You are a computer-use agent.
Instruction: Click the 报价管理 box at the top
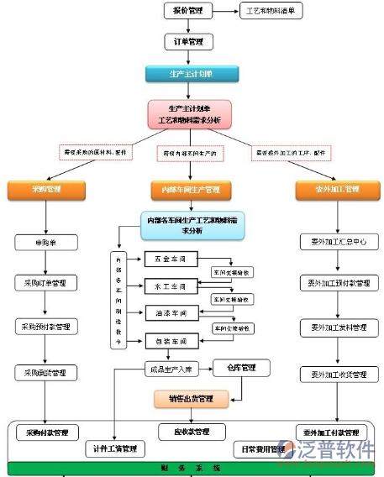pyautogui.click(x=188, y=11)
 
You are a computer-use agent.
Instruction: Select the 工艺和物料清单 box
pyautogui.click(x=271, y=11)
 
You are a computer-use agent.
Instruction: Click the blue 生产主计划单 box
pyautogui.click(x=185, y=74)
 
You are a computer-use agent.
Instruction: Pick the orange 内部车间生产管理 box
pyautogui.click(x=185, y=190)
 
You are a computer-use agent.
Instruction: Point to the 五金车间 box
pyautogui.click(x=171, y=258)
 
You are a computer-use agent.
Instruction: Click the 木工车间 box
pyautogui.click(x=171, y=285)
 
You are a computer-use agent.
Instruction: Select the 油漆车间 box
pyautogui.click(x=171, y=313)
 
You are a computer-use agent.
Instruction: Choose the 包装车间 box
pyautogui.click(x=171, y=342)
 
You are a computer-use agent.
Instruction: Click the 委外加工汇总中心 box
pyautogui.click(x=334, y=242)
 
